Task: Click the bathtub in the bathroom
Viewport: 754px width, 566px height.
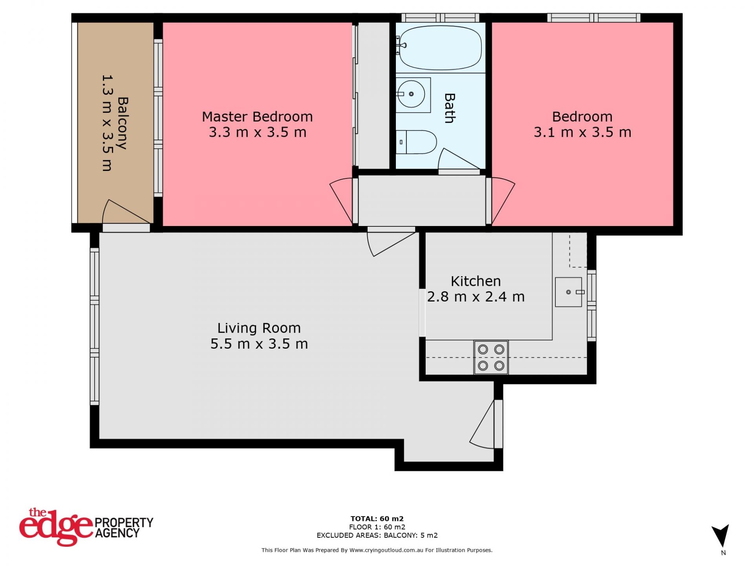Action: click(x=440, y=48)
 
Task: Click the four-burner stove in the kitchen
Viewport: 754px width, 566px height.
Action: click(x=491, y=357)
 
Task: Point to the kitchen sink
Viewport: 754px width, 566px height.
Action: click(x=569, y=292)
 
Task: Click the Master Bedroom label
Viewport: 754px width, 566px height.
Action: click(x=257, y=117)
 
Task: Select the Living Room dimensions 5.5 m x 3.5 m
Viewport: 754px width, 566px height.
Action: click(x=259, y=344)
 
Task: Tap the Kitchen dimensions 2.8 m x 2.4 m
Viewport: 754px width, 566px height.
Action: click(x=476, y=297)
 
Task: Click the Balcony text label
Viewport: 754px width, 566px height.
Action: click(x=123, y=123)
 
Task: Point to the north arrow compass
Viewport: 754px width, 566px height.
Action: click(x=721, y=536)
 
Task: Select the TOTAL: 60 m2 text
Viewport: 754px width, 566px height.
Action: click(x=377, y=518)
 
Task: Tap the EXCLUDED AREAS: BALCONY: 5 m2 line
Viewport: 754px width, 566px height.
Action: click(x=377, y=535)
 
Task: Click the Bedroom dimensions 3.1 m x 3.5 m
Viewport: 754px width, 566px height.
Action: click(x=582, y=132)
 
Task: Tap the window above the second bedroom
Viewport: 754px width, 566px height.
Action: click(x=594, y=18)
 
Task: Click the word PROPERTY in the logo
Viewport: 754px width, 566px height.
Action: click(x=124, y=522)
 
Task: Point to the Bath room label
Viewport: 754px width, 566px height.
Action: click(x=450, y=108)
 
